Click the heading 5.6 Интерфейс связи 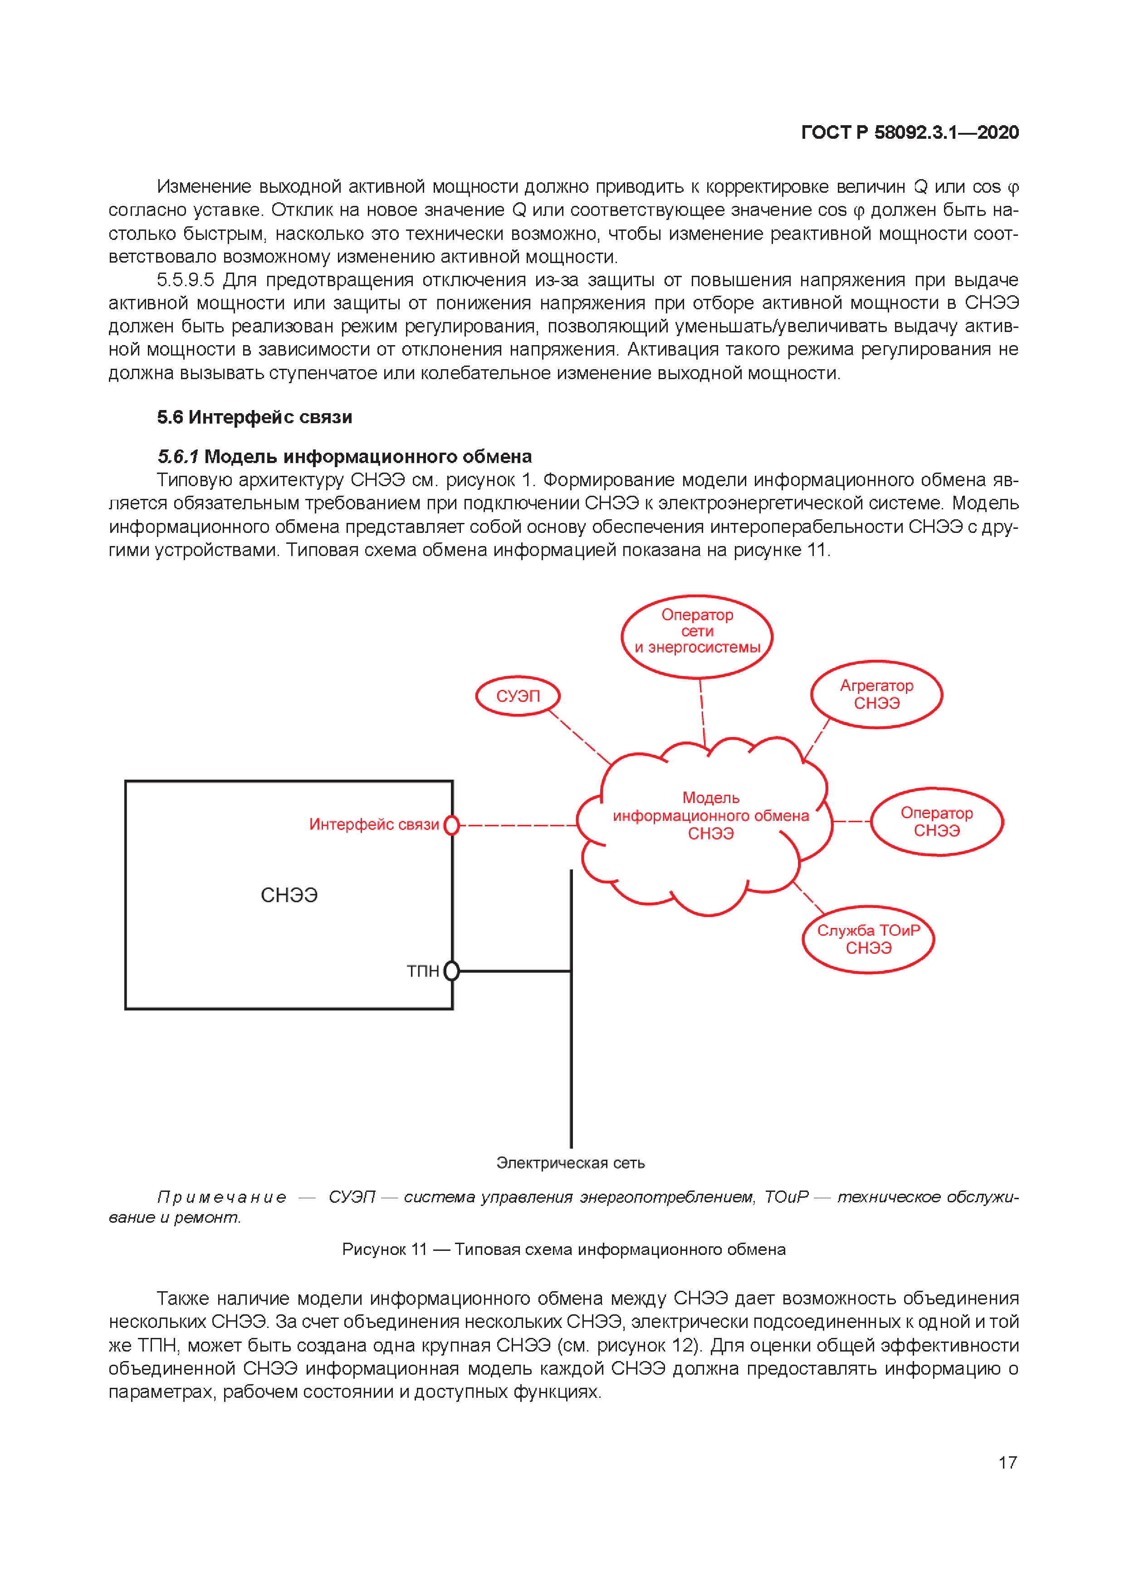[x=254, y=417]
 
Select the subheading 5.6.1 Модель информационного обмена [x=344, y=457]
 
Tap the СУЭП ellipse [x=517, y=696]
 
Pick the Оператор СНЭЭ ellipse [x=936, y=822]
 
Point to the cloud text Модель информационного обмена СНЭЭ [x=710, y=815]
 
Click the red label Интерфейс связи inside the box [x=374, y=825]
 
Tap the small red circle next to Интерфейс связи [x=451, y=825]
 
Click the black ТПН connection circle [x=451, y=971]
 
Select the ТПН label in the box [x=422, y=971]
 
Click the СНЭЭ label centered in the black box [x=289, y=895]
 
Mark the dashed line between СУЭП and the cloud [x=579, y=737]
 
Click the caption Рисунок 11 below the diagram [x=563, y=1249]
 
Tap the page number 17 [x=1007, y=1463]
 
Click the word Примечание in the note [x=222, y=1197]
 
